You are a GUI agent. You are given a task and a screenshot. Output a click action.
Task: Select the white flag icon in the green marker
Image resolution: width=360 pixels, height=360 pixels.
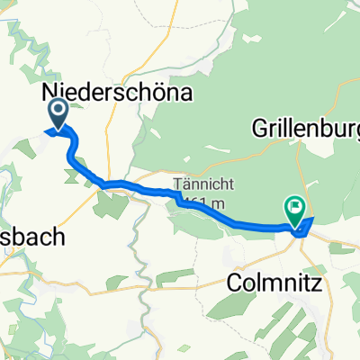point(294,207)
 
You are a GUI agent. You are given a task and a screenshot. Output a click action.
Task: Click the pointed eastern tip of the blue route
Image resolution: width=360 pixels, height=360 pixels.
point(312,219)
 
